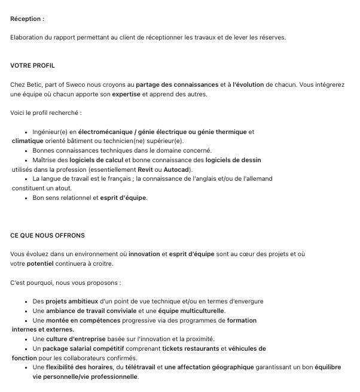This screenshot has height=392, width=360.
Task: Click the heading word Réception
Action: (x=26, y=19)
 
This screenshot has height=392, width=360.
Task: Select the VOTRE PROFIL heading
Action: (x=33, y=65)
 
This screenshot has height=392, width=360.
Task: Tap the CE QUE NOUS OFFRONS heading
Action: (x=47, y=235)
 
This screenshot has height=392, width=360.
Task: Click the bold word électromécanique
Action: (x=105, y=132)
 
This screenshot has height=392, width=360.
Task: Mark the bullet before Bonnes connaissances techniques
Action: (x=28, y=151)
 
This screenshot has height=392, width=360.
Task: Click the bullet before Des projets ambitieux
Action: (x=28, y=302)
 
